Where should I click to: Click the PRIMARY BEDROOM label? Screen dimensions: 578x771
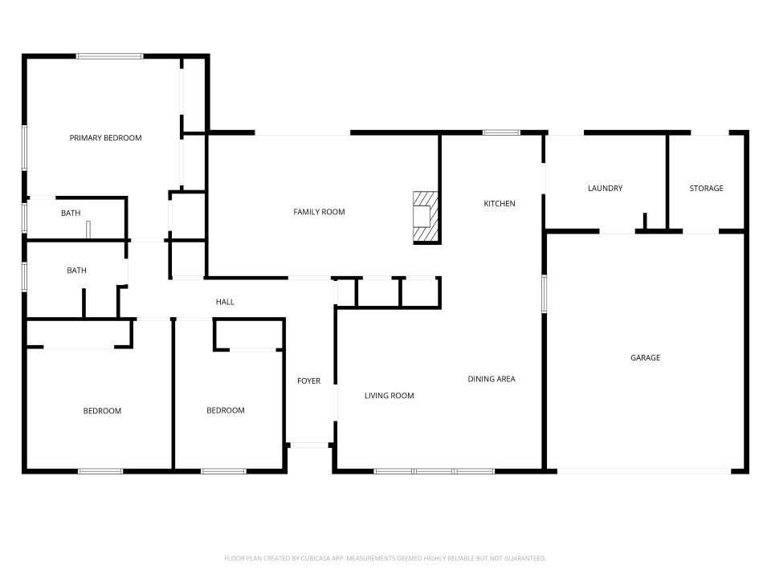tap(105, 138)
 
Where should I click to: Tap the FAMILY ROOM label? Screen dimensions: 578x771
tap(319, 212)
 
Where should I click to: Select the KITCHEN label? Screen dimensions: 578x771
tap(499, 204)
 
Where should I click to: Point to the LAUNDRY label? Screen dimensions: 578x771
tap(605, 189)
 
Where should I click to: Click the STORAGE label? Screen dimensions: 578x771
tap(706, 189)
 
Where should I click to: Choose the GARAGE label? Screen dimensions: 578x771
tap(645, 358)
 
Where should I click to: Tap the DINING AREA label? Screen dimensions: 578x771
tap(492, 379)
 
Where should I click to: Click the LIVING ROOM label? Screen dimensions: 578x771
tap(389, 396)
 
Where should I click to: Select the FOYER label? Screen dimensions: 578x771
tap(308, 381)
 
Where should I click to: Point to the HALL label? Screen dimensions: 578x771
tap(225, 302)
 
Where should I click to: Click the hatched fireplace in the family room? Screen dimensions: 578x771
tap(426, 217)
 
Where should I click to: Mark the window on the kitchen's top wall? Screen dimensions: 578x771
tap(501, 132)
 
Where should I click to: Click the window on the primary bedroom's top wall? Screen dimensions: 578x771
tap(110, 56)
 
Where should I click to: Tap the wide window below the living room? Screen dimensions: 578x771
tap(434, 471)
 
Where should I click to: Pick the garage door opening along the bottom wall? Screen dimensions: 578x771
tap(644, 471)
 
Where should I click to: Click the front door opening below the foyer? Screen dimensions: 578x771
tap(310, 445)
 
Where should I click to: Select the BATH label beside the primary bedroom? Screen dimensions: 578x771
tap(71, 214)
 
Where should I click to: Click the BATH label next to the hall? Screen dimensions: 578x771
tap(76, 271)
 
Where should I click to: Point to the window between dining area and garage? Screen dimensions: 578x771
tap(544, 294)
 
